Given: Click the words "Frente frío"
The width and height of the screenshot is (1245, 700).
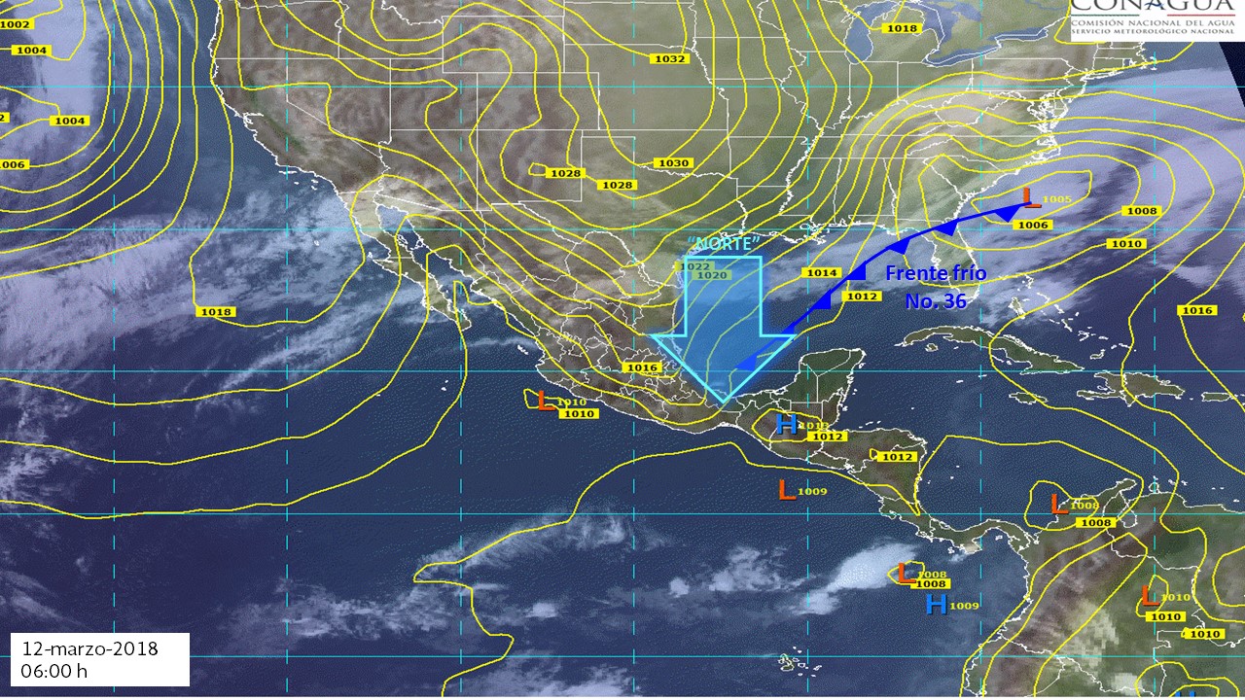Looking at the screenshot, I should click(x=935, y=273).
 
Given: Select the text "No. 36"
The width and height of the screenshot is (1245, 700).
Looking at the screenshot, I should click(x=935, y=301).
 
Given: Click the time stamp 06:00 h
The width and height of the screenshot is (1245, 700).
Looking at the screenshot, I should click(x=54, y=671).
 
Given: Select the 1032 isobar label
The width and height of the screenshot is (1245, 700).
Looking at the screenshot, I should click(x=670, y=59).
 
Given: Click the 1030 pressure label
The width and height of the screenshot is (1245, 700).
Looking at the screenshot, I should click(x=673, y=163).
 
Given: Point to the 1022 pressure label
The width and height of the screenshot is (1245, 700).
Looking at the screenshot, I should click(x=694, y=266).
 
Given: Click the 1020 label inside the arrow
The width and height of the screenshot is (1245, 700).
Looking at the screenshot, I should click(x=713, y=275).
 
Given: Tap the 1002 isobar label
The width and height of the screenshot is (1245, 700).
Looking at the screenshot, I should click(x=17, y=23).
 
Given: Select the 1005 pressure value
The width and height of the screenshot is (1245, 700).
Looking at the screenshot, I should click(x=1055, y=200).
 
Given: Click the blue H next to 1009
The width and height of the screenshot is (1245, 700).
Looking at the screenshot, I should click(x=936, y=605).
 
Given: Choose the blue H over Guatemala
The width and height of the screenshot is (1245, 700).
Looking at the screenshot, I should click(x=788, y=424).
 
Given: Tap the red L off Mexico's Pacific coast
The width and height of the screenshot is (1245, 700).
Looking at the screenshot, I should click(x=546, y=400).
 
